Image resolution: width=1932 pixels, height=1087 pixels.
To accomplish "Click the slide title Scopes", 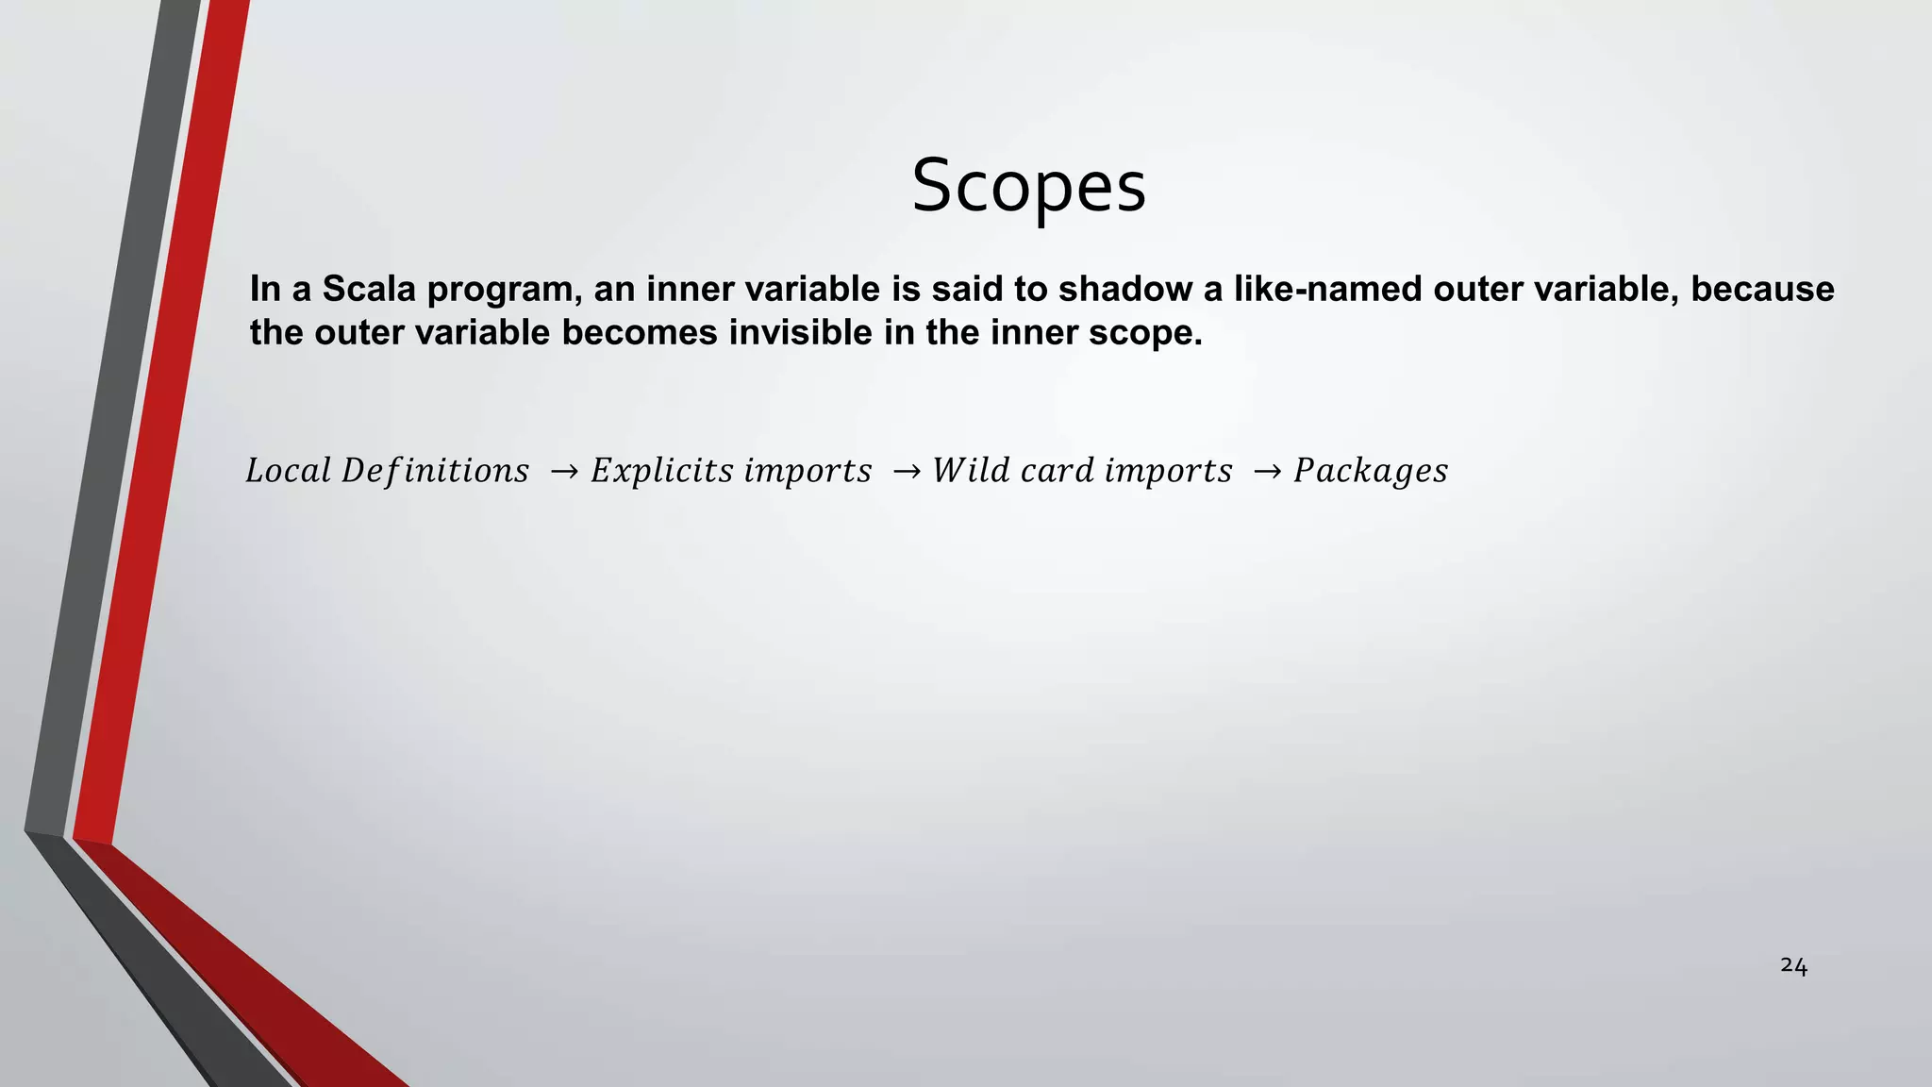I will (1028, 186).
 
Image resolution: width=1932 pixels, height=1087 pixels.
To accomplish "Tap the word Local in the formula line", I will (288, 470).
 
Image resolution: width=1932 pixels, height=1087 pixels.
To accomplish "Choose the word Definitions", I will (435, 470).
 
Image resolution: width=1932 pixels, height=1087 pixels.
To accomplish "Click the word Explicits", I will (661, 471).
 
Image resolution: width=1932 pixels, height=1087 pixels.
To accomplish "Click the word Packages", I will (1370, 471).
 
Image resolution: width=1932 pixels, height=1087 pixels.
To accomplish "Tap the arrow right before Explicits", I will (563, 471).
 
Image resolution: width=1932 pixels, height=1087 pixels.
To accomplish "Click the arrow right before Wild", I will (906, 471).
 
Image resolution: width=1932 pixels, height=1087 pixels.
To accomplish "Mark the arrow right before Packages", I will (1266, 471).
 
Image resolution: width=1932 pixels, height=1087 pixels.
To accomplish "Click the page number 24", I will (1793, 965).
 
